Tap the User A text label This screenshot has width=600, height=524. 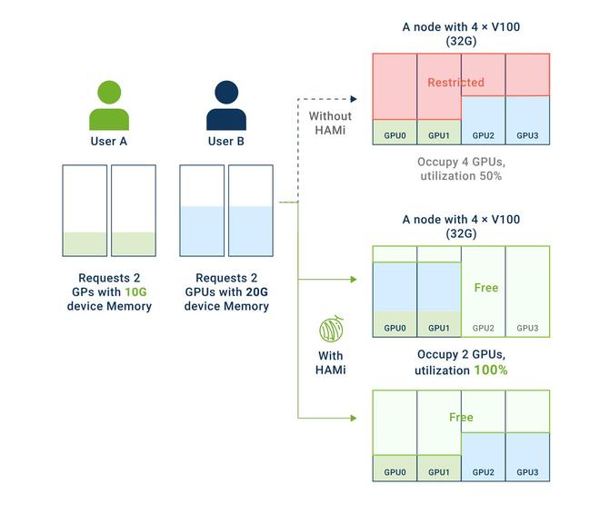pos(109,142)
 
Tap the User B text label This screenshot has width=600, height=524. pos(226,142)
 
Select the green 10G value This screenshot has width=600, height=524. pos(135,292)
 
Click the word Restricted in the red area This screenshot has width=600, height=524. pos(456,83)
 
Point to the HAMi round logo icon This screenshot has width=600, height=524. pos(330,328)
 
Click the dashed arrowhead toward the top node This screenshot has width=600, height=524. pos(354,98)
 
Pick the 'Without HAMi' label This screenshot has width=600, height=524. pos(330,124)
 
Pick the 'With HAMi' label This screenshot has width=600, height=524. pos(330,362)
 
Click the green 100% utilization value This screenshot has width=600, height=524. pos(490,371)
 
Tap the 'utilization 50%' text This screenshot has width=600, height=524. pos(461,176)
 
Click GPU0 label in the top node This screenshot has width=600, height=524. pos(395,135)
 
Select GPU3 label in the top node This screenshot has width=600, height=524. pos(527,135)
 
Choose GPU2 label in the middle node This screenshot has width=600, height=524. pos(484,328)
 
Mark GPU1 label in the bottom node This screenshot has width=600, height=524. pos(439,472)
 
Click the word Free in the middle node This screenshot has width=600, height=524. pos(485,288)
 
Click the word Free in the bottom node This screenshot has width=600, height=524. pos(461,418)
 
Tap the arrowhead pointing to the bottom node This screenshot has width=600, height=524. pos(354,418)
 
